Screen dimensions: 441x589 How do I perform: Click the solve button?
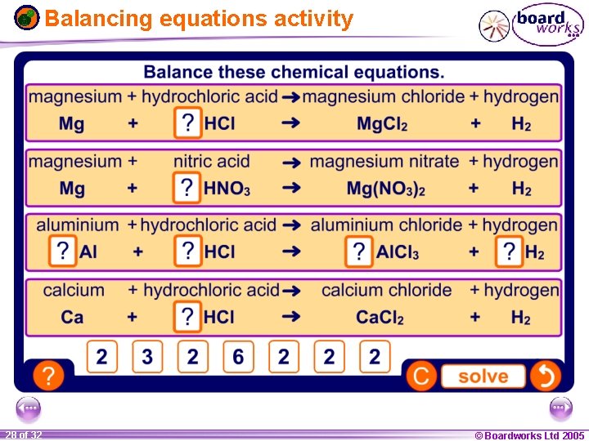click(483, 376)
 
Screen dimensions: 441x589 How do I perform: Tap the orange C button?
click(422, 376)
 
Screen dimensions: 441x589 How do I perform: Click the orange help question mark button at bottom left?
click(49, 376)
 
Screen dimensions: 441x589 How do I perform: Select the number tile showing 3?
click(147, 357)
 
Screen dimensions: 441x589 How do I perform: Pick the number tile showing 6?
click(238, 357)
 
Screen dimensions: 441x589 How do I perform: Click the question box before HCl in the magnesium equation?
click(188, 124)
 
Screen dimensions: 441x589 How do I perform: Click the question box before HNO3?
click(187, 189)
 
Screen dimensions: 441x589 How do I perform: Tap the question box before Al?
click(62, 252)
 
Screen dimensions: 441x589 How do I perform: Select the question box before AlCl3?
click(358, 252)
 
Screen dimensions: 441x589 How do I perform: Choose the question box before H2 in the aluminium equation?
click(509, 252)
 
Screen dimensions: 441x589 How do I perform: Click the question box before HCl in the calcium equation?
click(188, 317)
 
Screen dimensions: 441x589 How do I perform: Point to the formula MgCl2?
click(382, 125)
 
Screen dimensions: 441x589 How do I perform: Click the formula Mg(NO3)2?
click(385, 189)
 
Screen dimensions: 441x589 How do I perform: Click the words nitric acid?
click(212, 162)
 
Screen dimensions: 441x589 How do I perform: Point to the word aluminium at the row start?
click(77, 225)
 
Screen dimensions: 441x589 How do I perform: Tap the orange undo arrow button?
click(546, 376)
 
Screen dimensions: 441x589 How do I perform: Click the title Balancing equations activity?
click(199, 19)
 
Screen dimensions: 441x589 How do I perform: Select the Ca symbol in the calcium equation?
click(72, 318)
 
